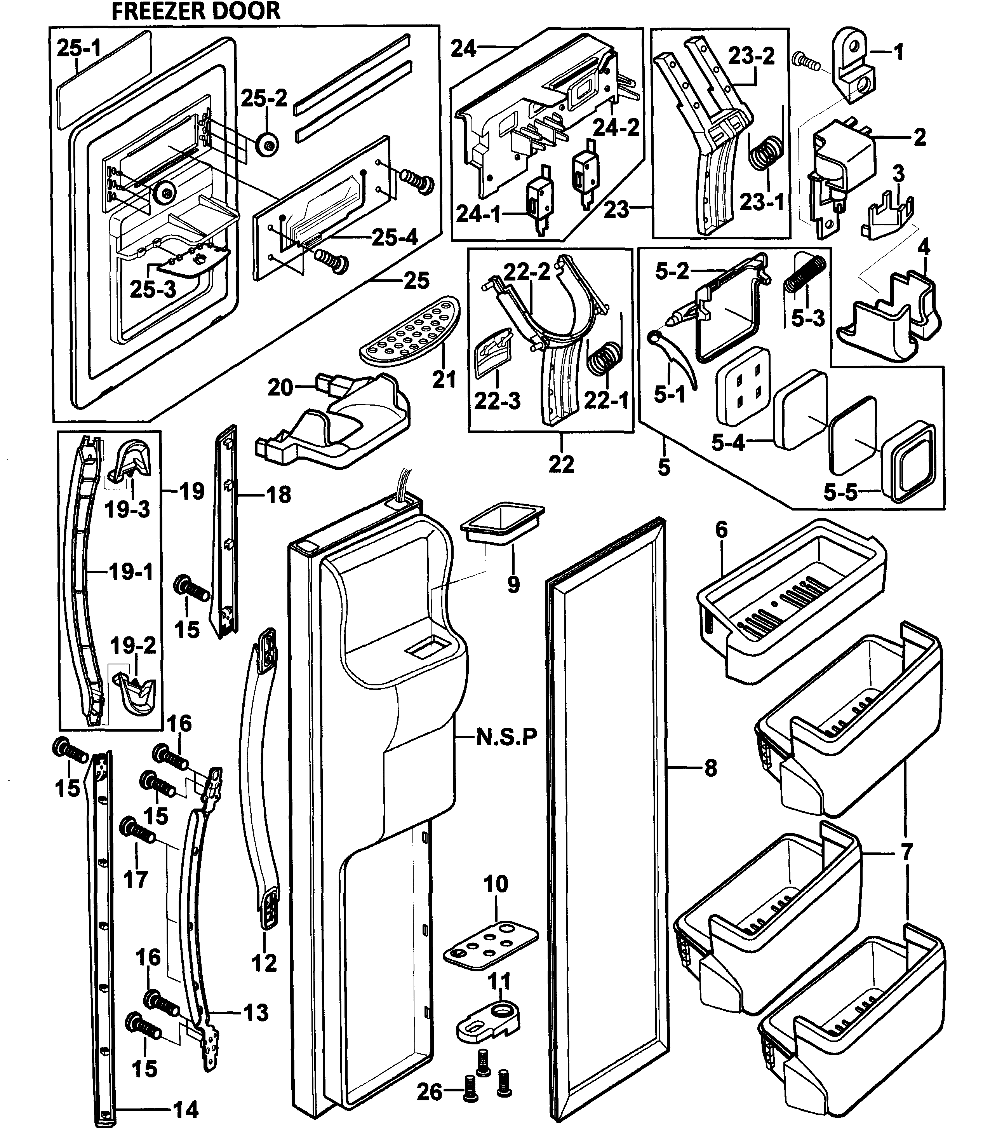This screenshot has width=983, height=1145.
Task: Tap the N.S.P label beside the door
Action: (506, 737)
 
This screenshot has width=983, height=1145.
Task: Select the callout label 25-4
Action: (394, 238)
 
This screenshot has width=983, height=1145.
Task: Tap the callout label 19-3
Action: (127, 509)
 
